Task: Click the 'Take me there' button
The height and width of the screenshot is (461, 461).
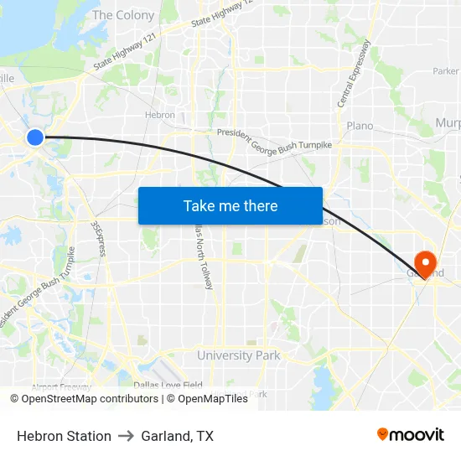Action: pos(230,205)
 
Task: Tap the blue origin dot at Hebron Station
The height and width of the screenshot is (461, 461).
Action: pos(34,137)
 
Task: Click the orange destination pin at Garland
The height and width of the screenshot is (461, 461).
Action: pos(425,263)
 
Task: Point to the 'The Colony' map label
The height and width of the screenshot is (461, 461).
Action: pos(123,15)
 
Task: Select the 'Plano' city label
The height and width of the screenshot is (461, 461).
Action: pos(360,126)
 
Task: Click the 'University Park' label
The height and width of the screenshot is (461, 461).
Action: pos(238,355)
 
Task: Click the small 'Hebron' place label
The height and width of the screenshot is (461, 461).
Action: pos(159,116)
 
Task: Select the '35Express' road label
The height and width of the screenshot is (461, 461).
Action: pos(97,239)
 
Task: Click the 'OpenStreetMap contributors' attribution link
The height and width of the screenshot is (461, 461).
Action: pos(89,399)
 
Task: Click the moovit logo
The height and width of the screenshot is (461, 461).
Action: pos(410,435)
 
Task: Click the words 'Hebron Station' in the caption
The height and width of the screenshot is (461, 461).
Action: pos(64,436)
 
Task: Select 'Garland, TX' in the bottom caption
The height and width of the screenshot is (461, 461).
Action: pos(177,436)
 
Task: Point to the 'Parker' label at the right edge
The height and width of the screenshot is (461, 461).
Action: pos(445,72)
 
